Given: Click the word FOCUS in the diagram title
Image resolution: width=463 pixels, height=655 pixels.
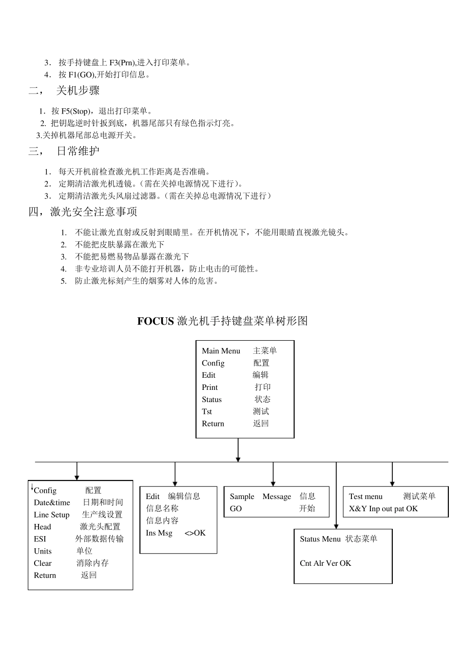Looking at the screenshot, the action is pos(155,321).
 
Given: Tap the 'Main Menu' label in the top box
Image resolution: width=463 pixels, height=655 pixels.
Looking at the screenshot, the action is pos(221,351).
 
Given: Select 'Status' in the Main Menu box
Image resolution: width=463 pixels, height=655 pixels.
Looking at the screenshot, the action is pos(212,400).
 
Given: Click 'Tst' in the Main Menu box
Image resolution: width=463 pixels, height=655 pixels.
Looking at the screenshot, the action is pos(207,412).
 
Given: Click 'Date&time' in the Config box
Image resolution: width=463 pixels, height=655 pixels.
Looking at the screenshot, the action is pos(52,502).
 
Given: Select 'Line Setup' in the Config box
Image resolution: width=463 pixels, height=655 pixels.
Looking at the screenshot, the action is pos(52,515).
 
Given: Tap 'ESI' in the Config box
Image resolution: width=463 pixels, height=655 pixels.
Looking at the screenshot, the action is pos(40,539).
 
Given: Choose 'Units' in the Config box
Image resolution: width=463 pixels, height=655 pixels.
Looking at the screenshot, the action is pos(42,551).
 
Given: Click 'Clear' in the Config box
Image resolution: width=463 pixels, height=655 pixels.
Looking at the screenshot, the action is pos(42,563).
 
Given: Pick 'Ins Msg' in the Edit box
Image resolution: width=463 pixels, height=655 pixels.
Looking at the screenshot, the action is pos(159,533).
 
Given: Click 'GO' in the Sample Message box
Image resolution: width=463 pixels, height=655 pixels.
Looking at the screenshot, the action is pos(236,509).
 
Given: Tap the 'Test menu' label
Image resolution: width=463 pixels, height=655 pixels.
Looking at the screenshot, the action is pos(366,497).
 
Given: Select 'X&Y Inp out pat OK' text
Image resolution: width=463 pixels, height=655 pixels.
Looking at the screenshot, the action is pos(383,509).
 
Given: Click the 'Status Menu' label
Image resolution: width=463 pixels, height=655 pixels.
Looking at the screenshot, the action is pos(320,539).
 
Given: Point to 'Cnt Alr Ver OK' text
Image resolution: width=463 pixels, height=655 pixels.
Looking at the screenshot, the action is pos(325,563).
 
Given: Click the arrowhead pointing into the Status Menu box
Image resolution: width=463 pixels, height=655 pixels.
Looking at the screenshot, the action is pos(336,525).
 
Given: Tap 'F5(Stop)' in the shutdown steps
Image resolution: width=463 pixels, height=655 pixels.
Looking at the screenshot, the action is pos(76,112).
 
